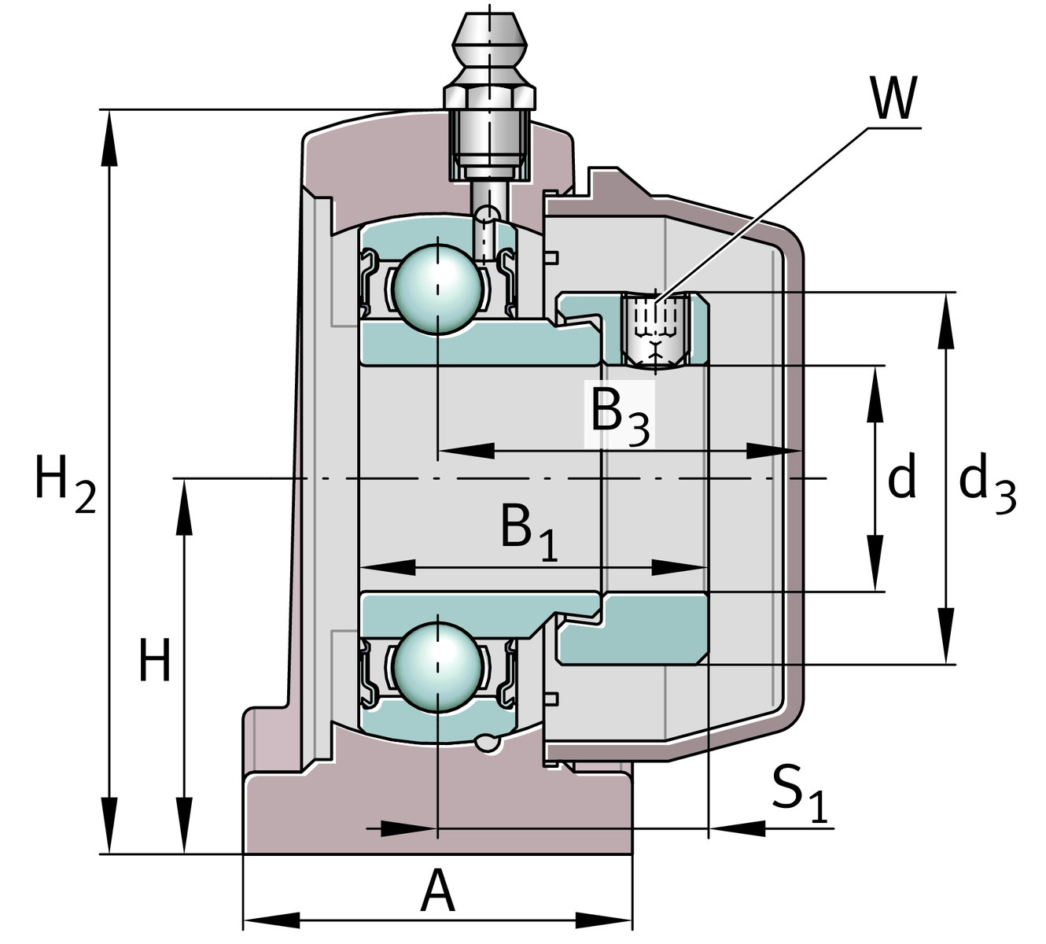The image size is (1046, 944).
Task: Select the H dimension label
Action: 154,661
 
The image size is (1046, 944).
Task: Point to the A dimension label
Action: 438,891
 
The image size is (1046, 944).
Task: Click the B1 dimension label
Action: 529,531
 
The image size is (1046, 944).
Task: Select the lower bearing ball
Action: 437,668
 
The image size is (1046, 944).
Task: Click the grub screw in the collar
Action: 654,330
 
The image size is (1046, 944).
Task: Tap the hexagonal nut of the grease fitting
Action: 489,97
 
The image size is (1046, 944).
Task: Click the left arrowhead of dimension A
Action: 271,919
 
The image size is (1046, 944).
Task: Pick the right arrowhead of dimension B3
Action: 774,451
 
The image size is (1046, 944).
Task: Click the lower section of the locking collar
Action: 633,629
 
